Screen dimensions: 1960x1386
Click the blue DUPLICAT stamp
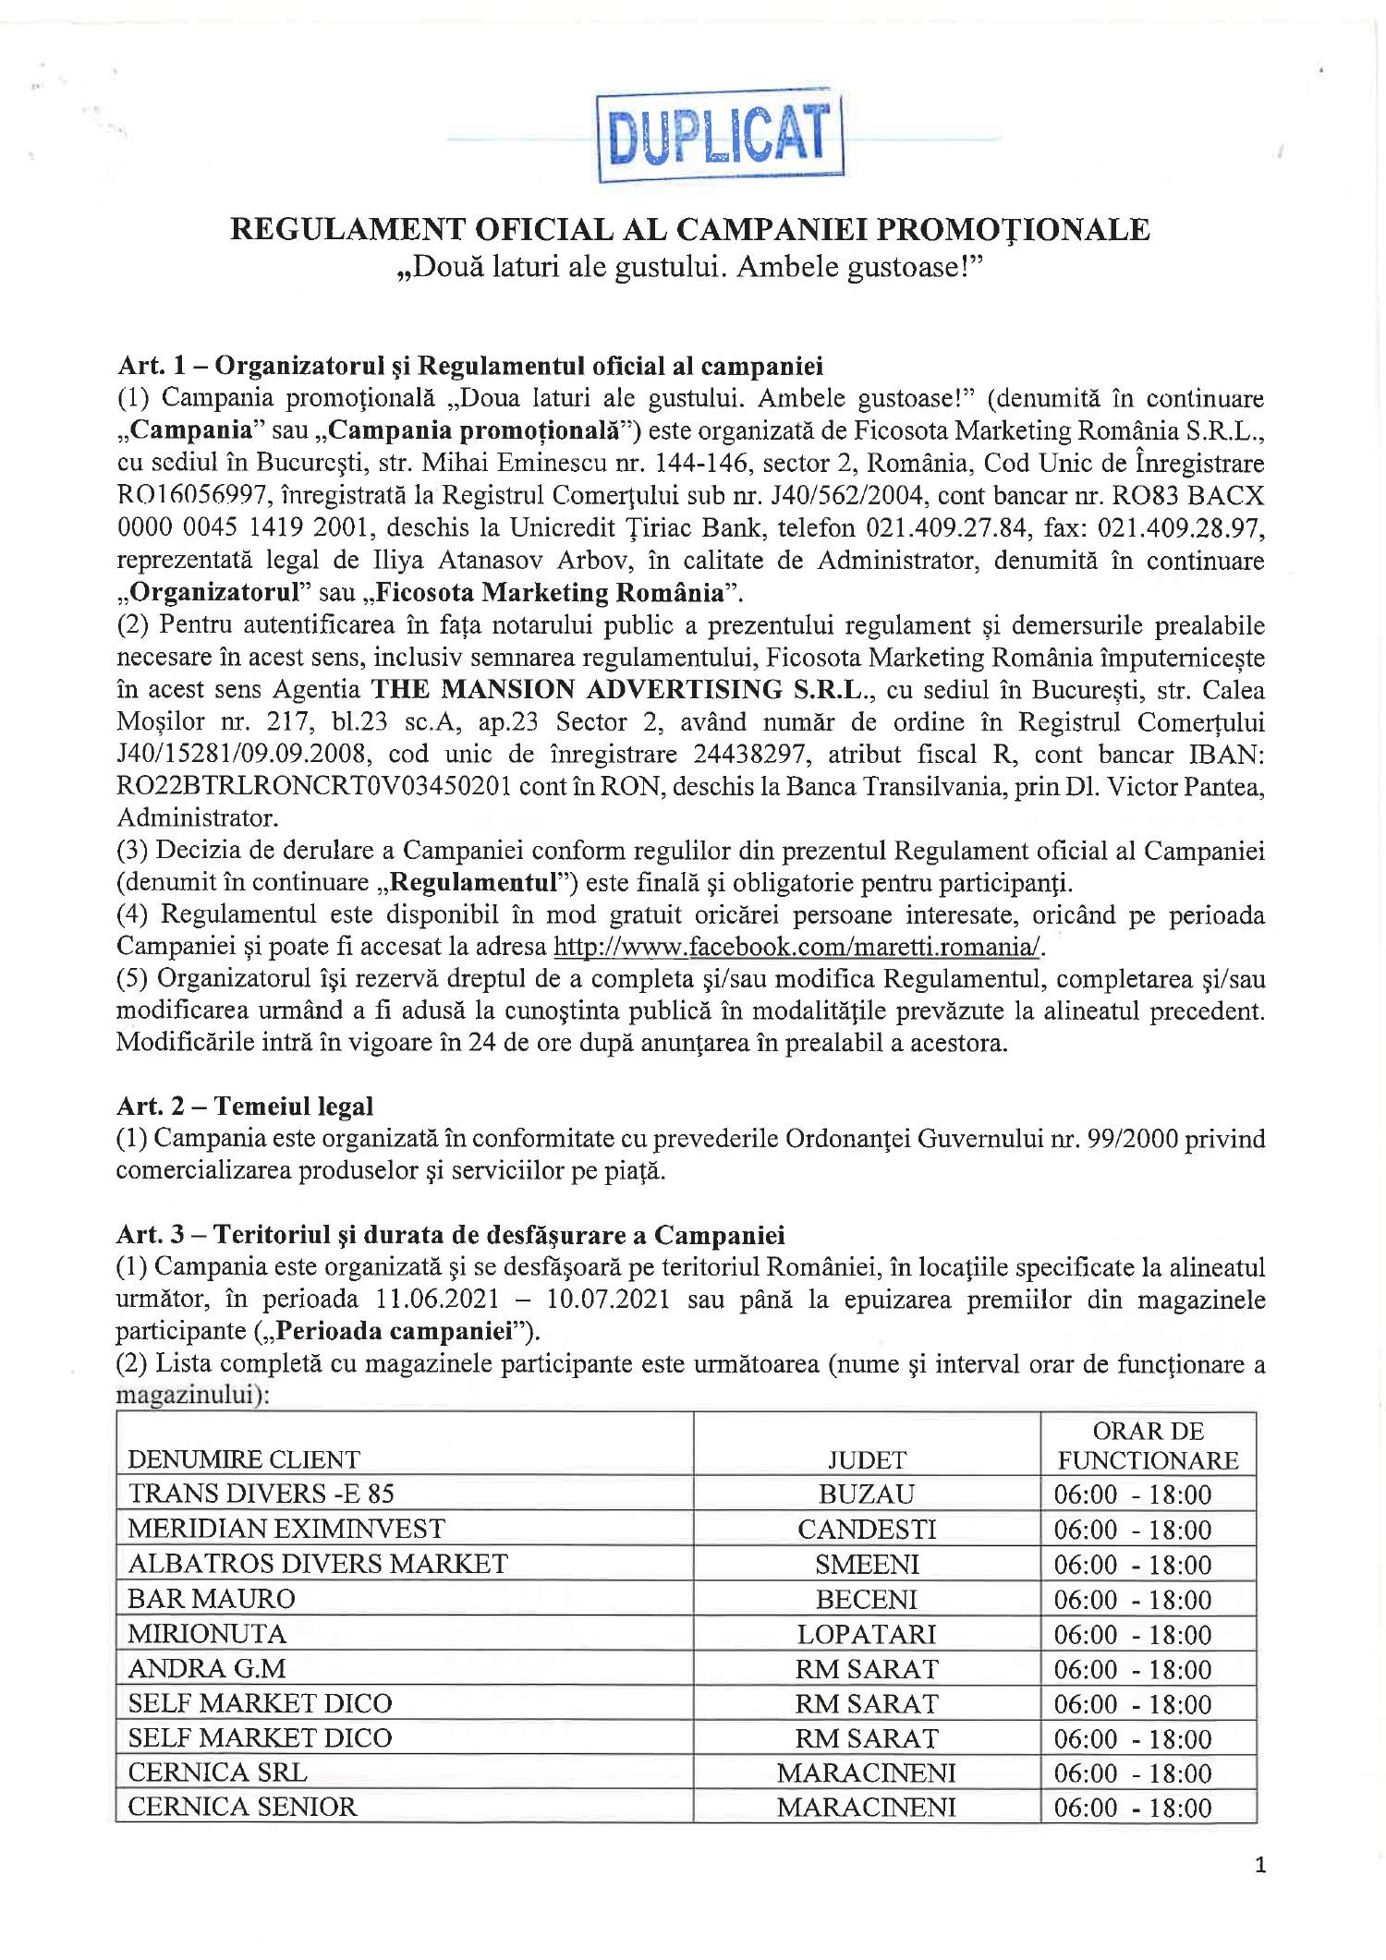point(721,139)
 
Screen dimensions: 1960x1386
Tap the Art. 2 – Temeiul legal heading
point(245,1105)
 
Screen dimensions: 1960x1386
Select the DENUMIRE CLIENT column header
point(243,1459)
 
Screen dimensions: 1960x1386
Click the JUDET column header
point(866,1459)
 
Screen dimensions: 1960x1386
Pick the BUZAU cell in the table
point(866,1494)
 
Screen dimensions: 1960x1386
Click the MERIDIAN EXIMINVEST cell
point(286,1529)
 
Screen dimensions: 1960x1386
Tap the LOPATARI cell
point(866,1634)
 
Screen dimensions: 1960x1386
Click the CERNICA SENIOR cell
point(241,1808)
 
